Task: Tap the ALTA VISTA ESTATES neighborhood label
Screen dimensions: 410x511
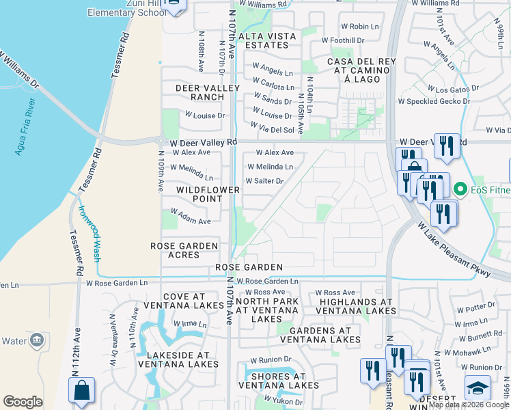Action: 271,40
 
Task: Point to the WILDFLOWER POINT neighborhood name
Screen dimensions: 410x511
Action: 208,194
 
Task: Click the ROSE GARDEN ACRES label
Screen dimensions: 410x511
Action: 184,250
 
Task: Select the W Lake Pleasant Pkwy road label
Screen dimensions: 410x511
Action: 454,249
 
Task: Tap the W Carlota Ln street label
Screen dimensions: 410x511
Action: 273,87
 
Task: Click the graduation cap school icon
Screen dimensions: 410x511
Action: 478,387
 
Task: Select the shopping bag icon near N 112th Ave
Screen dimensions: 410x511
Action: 81,389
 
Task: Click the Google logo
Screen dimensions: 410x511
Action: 23,402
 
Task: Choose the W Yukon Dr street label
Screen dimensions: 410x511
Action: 283,400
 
